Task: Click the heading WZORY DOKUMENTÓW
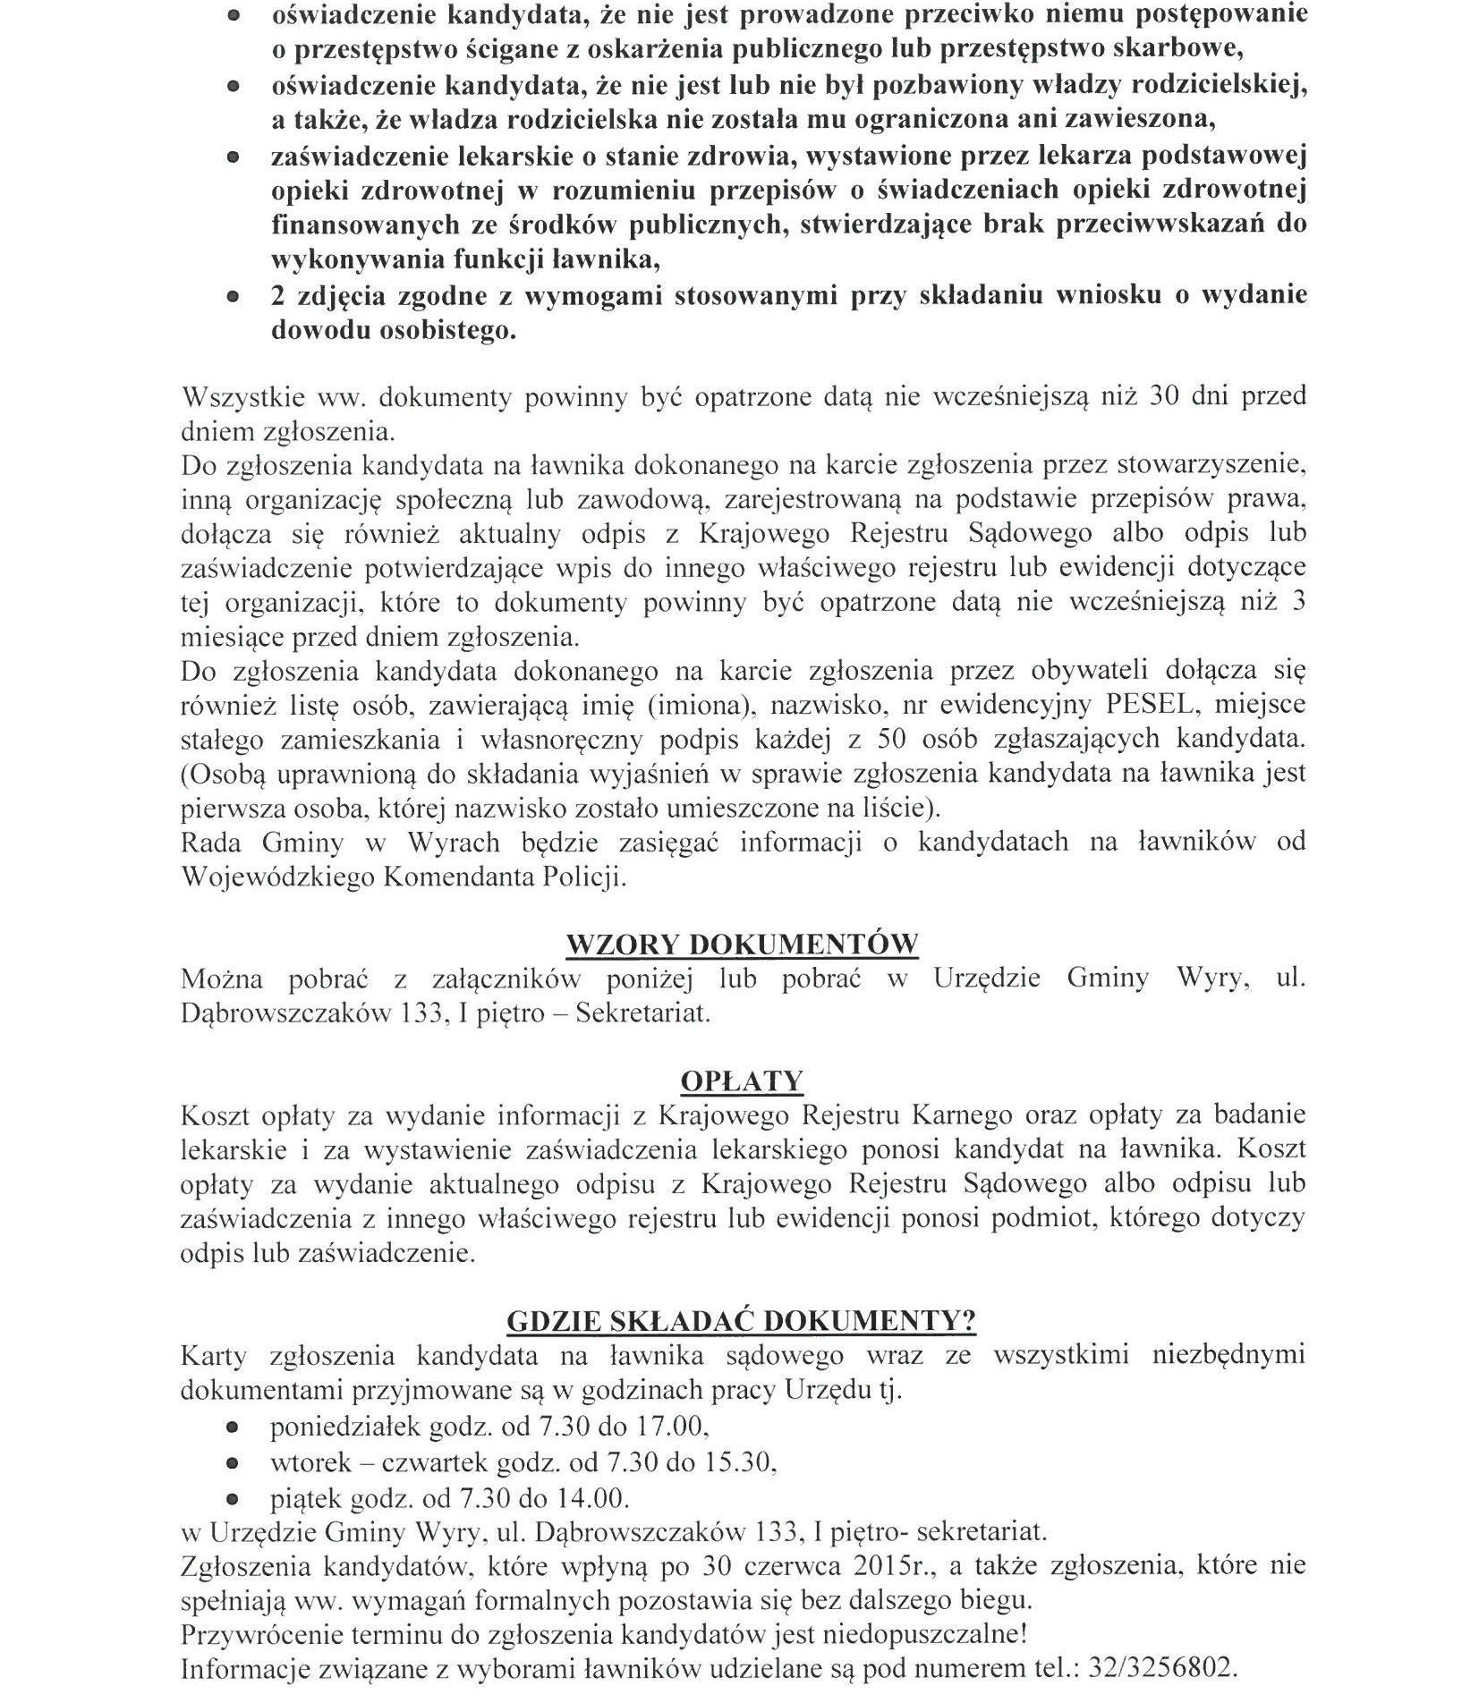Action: [742, 945]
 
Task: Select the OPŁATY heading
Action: [742, 1081]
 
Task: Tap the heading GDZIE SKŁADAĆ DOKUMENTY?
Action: [741, 1322]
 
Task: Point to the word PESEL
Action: [1149, 705]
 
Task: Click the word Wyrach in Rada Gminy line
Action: [454, 843]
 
